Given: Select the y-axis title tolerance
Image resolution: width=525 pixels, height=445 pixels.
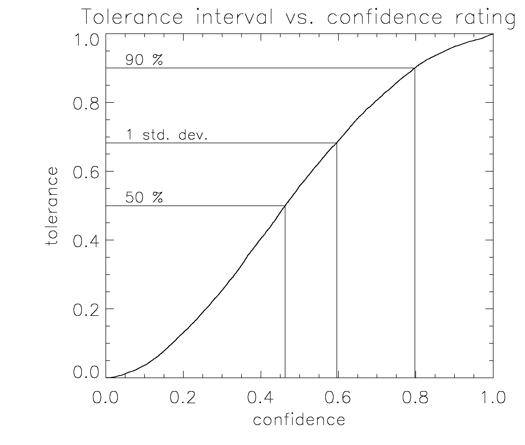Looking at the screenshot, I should click(51, 206).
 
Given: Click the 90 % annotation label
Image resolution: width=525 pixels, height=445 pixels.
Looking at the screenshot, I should click(144, 60).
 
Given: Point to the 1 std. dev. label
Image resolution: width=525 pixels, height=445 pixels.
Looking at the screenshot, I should click(167, 135).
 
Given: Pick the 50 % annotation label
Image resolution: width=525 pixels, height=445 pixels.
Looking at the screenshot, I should click(144, 198).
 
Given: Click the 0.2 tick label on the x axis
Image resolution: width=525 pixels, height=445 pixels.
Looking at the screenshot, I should click(183, 398).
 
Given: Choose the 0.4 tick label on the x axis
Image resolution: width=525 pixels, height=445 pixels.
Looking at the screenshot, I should click(260, 398).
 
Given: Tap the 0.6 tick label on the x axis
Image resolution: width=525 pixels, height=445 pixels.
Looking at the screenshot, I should click(338, 398).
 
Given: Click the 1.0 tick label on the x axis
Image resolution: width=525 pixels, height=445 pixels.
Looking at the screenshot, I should click(493, 398).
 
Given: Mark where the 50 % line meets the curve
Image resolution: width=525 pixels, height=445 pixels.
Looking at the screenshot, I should click(285, 206).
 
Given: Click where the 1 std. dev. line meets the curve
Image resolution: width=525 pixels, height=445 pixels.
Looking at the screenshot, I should click(337, 143).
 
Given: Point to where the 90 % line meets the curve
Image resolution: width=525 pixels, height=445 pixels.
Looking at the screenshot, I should click(415, 68).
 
